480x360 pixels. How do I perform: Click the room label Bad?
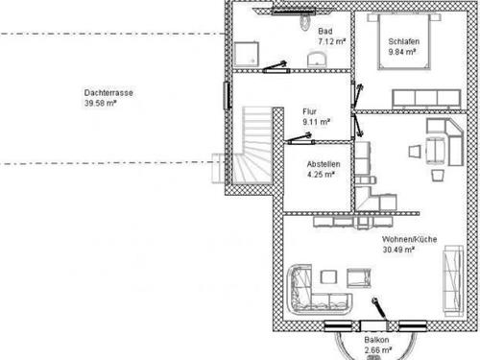pos(325,31)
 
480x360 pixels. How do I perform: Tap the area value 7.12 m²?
pos(332,41)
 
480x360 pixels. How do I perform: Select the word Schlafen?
pos(403,41)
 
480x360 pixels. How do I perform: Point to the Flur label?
pos(309,111)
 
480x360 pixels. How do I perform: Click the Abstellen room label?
pos(324,164)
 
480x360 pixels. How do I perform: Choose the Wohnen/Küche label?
pos(409,239)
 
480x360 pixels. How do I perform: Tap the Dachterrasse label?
pos(108,93)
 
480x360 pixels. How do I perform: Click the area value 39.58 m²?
pos(100,103)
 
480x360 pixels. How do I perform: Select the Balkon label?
pos(376,340)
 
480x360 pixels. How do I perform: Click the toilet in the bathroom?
pos(305,21)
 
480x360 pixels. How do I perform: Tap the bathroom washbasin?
pos(317,60)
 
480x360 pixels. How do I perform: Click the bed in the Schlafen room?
pos(403,41)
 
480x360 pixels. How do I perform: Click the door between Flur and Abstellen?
pos(300,138)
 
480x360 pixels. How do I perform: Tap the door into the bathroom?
pos(276,67)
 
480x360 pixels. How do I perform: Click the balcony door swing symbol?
pos(380,309)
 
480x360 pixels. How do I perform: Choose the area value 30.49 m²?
pos(398,250)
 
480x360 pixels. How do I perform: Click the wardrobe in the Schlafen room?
pos(427,99)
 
